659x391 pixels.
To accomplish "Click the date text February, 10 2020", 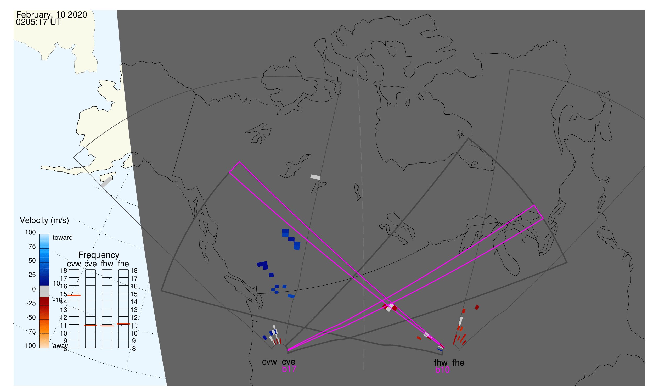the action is [x=52, y=15].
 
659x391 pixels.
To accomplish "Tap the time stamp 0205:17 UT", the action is [x=39, y=22].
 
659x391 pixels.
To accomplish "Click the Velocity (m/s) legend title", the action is [x=44, y=221].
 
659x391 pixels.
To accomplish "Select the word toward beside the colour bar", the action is [x=63, y=238].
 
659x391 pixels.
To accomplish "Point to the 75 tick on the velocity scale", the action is [x=32, y=247].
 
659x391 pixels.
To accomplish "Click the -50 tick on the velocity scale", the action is [x=31, y=317].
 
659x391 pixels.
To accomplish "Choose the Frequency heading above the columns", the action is [x=99, y=255].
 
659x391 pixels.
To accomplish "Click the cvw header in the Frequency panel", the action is [x=74, y=264].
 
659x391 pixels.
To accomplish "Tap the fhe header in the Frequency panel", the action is [x=123, y=264].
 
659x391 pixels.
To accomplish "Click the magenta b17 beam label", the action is [x=289, y=369].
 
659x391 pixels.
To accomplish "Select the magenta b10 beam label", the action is [x=442, y=370].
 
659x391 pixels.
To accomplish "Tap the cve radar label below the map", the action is [x=289, y=362].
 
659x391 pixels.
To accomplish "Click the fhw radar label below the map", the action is [x=441, y=363].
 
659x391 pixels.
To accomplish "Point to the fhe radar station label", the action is [x=458, y=363].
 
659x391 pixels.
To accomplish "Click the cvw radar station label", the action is [x=269, y=362].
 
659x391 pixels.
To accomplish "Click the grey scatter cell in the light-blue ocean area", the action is [x=106, y=182].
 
